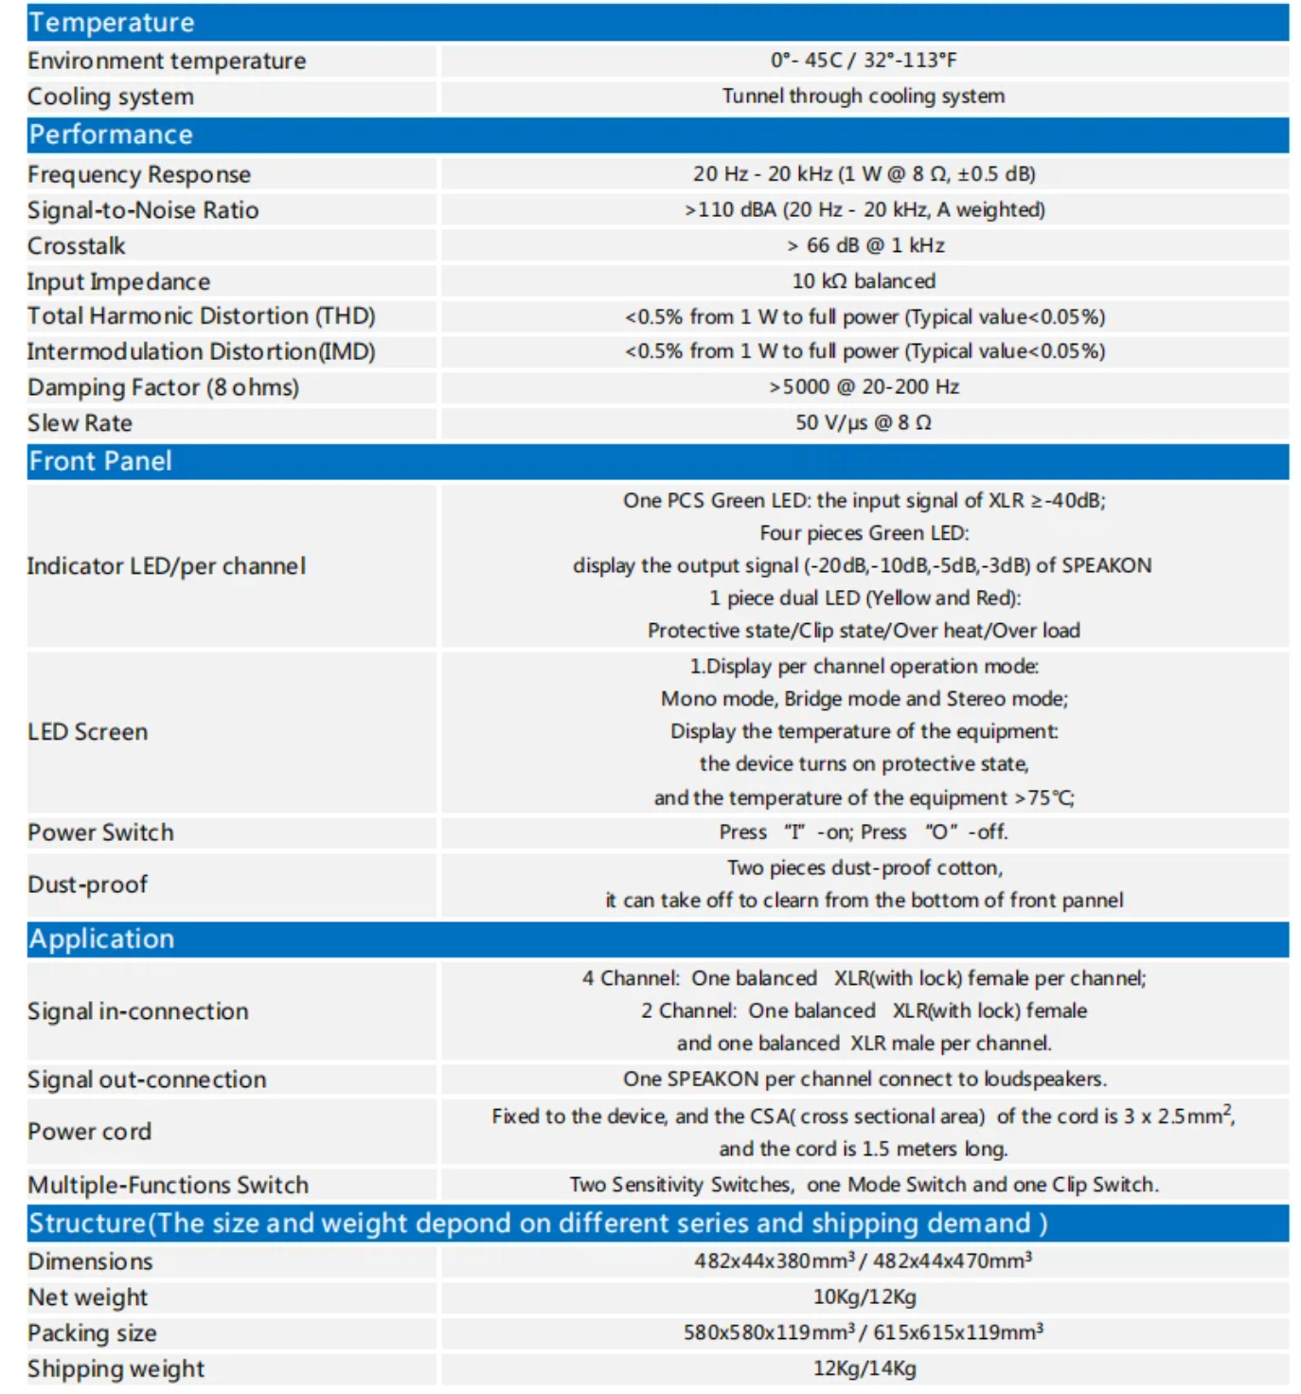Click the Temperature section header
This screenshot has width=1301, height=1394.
coord(112,23)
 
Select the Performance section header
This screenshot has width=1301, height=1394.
coord(111,134)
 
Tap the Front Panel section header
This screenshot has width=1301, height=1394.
coord(100,461)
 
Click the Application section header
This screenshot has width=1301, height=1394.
coord(101,938)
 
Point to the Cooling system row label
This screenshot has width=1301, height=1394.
coord(111,97)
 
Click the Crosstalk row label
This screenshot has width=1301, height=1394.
coord(77,246)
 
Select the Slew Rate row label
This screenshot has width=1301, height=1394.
coord(80,423)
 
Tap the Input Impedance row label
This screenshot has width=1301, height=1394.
coord(119,281)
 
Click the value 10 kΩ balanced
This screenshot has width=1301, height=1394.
coord(864,281)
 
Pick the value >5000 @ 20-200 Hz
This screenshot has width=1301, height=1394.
coord(864,386)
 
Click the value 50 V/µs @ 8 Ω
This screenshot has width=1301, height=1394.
coord(864,422)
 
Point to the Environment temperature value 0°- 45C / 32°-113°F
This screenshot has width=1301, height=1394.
coord(864,61)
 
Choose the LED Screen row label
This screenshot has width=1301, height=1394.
coord(88,732)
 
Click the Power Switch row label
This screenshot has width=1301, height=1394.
coord(101,832)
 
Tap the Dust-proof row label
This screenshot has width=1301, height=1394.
coord(88,885)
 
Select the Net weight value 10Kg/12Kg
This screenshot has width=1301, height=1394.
coord(864,1296)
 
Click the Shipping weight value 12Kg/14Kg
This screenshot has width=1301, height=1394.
coord(864,1368)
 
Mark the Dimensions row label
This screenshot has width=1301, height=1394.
coord(90,1261)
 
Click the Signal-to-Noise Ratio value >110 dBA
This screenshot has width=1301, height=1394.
coord(864,209)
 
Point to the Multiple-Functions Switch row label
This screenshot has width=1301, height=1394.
coord(169,1185)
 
